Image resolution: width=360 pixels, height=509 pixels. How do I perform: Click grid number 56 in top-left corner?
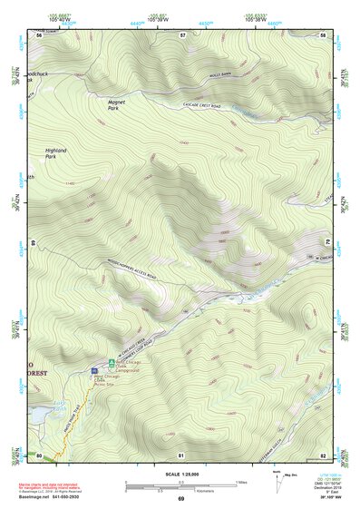pyautogui.click(x=39, y=34)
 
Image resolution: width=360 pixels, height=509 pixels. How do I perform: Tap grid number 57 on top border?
pyautogui.click(x=181, y=34)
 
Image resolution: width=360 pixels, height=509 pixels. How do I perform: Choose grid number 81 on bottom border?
pyautogui.click(x=181, y=454)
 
